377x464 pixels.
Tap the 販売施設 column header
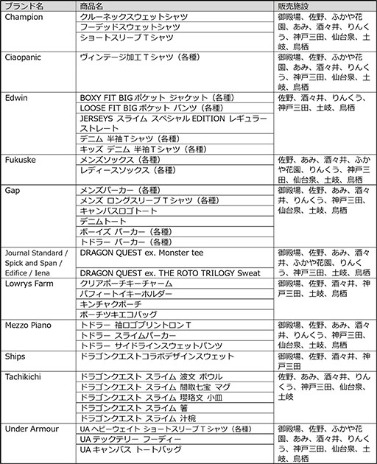click(x=295, y=5)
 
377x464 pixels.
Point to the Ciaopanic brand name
click(x=26, y=56)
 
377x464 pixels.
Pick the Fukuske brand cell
click(x=21, y=158)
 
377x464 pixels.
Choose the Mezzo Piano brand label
click(x=28, y=325)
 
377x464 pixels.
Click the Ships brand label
click(x=15, y=356)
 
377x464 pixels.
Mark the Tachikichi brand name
click(x=25, y=376)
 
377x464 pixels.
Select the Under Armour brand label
click(x=31, y=429)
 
